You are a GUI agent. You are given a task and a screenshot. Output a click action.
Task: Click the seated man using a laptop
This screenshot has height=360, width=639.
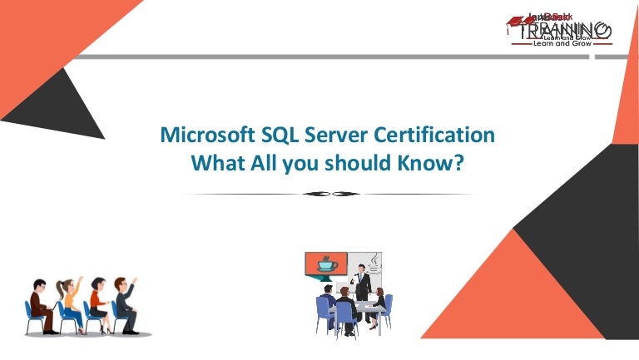click(38, 304)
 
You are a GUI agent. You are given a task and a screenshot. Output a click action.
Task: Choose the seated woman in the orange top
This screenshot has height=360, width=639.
click(96, 303)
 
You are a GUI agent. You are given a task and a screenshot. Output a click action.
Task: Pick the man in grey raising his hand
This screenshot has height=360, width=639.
click(123, 301)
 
